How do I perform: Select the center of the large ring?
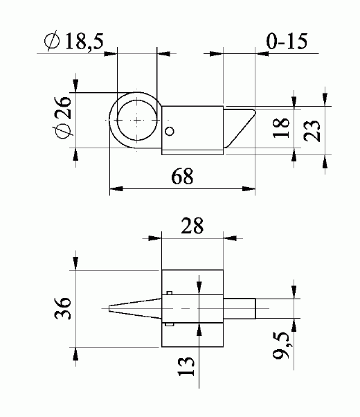[136, 119]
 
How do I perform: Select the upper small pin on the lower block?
[169, 293]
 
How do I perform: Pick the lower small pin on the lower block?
[169, 323]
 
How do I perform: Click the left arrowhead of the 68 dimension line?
[115, 188]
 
